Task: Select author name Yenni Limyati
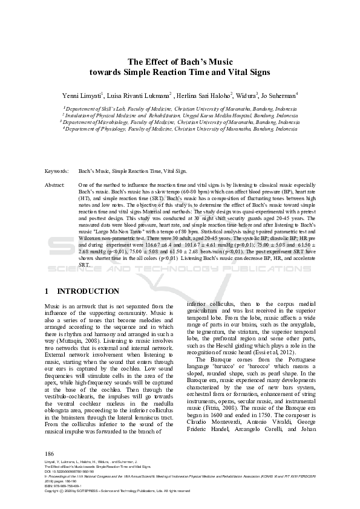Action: click(83, 96)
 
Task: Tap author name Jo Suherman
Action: click(278, 96)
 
